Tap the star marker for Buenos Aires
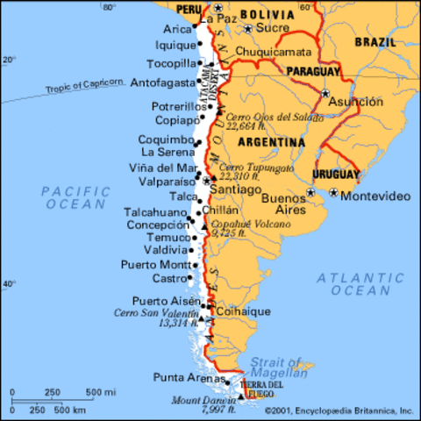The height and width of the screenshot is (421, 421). tap(310, 192)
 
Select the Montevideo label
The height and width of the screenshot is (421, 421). tap(369, 195)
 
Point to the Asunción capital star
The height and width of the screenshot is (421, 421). tap(325, 92)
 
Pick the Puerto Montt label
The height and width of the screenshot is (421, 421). tap(155, 264)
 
